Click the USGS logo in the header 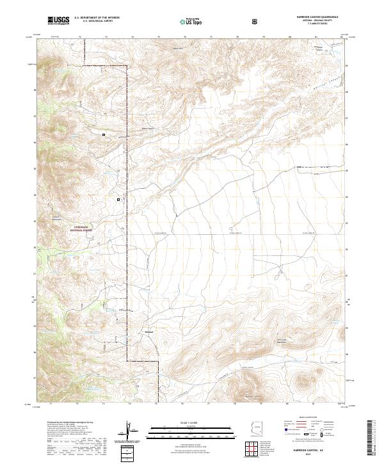[x=58, y=20]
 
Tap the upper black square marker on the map [x=103, y=134]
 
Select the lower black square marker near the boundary [x=118, y=200]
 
